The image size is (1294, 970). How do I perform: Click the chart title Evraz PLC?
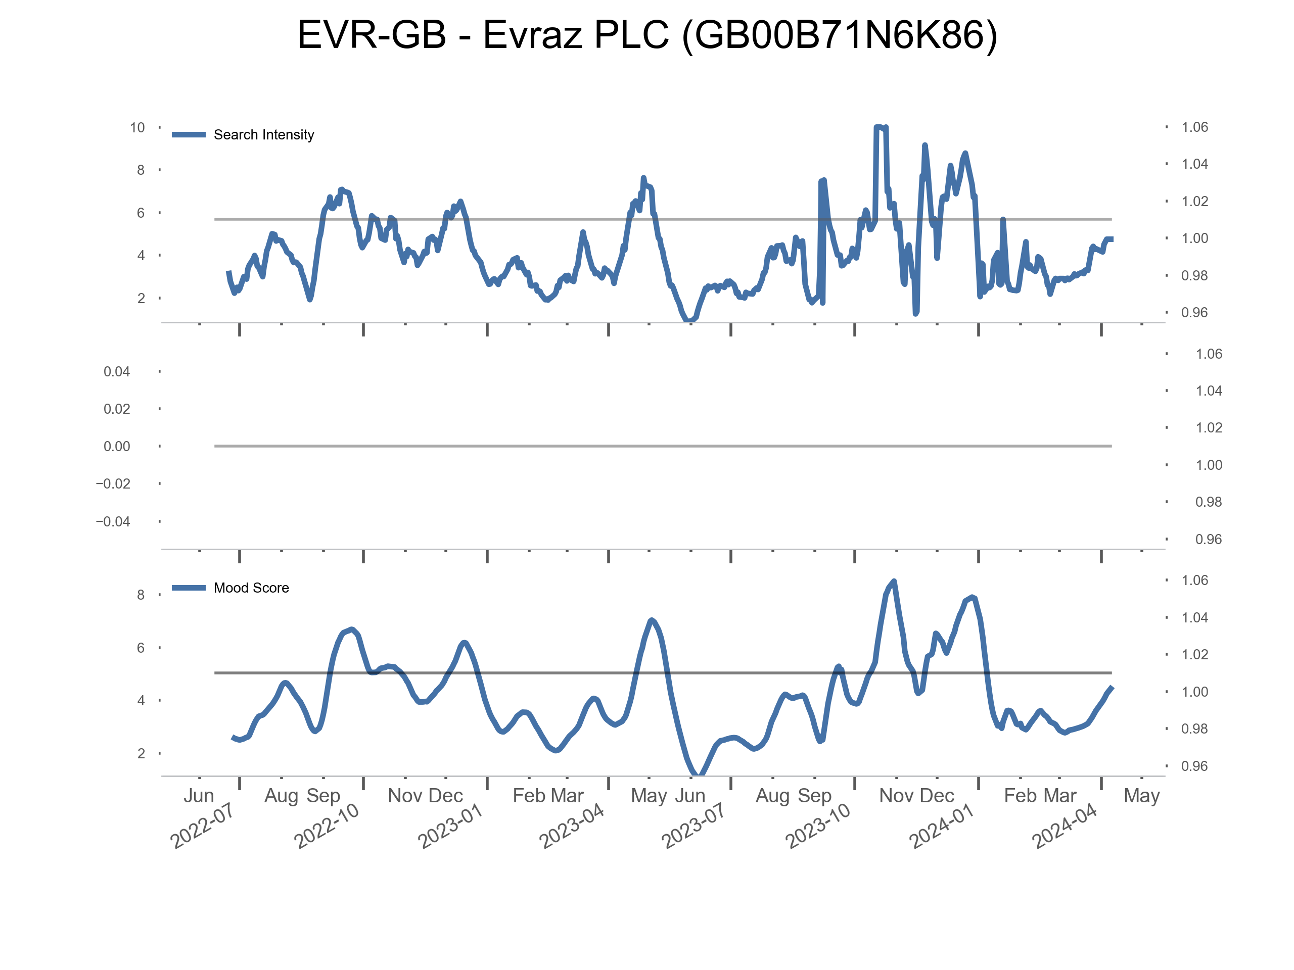pyautogui.click(x=647, y=35)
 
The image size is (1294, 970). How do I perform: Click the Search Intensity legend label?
pyautogui.click(x=263, y=135)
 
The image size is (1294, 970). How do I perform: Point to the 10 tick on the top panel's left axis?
pyautogui.click(x=137, y=128)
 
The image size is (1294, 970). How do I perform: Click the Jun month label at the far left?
pyautogui.click(x=199, y=796)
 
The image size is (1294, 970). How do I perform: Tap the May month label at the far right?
pyautogui.click(x=1141, y=796)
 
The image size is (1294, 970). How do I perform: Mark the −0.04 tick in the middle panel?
pyautogui.click(x=113, y=521)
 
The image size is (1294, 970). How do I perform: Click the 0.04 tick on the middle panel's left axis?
pyautogui.click(x=116, y=372)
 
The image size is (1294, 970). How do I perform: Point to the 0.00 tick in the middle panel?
pyautogui.click(x=116, y=447)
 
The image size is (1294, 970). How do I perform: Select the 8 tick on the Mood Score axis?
pyautogui.click(x=141, y=595)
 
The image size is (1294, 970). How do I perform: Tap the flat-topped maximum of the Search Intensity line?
pyautogui.click(x=879, y=127)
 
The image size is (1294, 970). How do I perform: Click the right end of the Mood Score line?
pyautogui.click(x=1112, y=688)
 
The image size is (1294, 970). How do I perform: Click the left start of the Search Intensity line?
pyautogui.click(x=228, y=272)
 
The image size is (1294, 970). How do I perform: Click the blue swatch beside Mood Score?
pyautogui.click(x=189, y=588)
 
